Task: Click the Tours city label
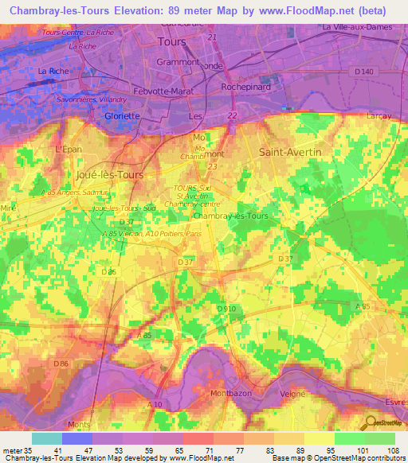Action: (172, 41)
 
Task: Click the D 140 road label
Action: (364, 72)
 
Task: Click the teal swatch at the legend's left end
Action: (46, 438)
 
